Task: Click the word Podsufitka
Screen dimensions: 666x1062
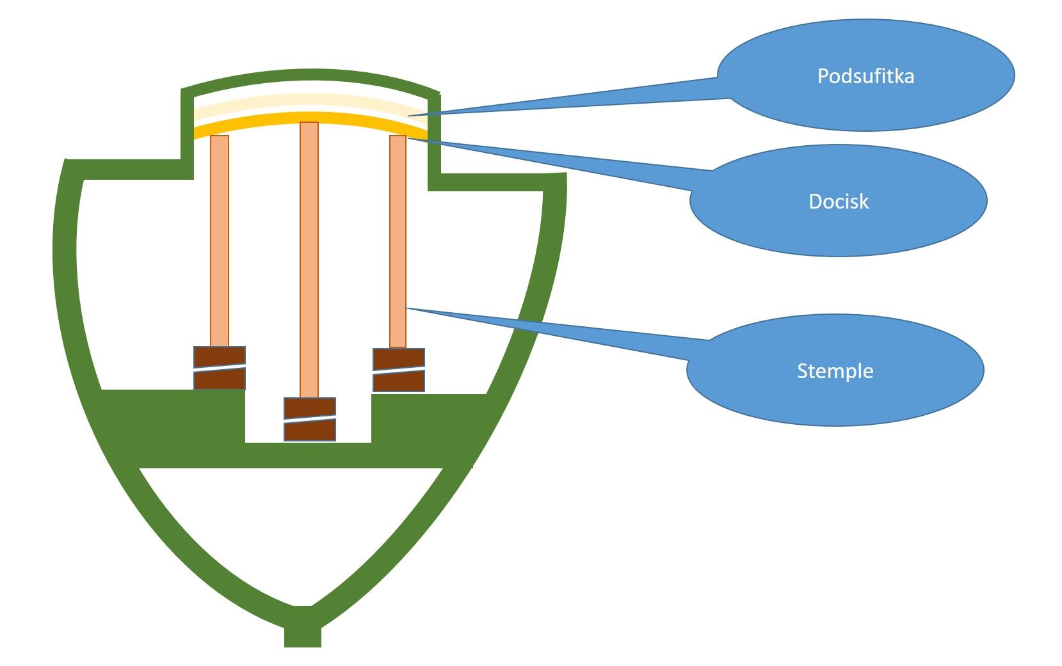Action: tap(865, 76)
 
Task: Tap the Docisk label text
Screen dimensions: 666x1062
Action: tap(839, 202)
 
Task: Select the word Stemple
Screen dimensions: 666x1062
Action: tap(835, 371)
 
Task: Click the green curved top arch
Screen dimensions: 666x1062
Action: tap(310, 76)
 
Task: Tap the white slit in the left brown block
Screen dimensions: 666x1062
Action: tap(220, 367)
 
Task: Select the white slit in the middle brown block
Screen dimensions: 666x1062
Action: tap(310, 418)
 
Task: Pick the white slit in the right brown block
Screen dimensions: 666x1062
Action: tap(399, 369)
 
